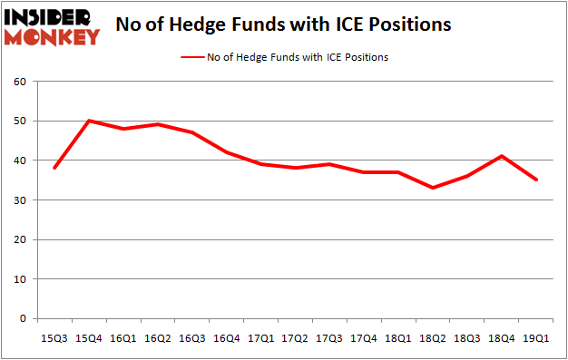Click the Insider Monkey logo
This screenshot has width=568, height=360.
[x=52, y=27]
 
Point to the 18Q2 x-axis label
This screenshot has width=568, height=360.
[x=433, y=338]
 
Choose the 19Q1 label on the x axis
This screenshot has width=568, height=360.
[x=537, y=338]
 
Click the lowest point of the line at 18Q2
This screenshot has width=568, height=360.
[x=433, y=188]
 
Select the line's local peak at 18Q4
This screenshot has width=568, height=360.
[x=503, y=156]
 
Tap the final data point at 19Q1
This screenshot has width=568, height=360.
[x=537, y=180]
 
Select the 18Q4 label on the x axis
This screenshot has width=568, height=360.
[x=503, y=338]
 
